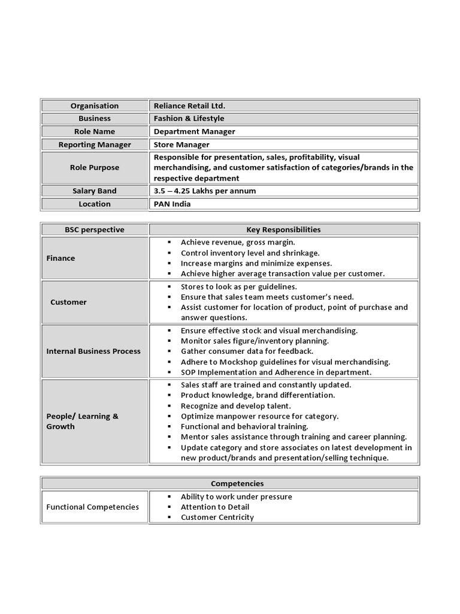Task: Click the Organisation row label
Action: pyautogui.click(x=95, y=106)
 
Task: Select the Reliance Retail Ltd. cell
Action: pyautogui.click(x=189, y=106)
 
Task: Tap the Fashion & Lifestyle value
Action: pyautogui.click(x=189, y=119)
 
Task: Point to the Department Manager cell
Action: pyautogui.click(x=194, y=131)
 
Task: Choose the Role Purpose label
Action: pyautogui.click(x=95, y=168)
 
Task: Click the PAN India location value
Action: pyautogui.click(x=172, y=204)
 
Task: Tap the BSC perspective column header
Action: pyautogui.click(x=95, y=230)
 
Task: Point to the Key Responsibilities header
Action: pyautogui.click(x=283, y=230)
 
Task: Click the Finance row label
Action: pyautogui.click(x=60, y=258)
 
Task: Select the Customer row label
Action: pyautogui.click(x=68, y=302)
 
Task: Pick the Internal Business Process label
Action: pyautogui.click(x=93, y=351)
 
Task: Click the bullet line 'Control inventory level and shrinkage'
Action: pyautogui.click(x=250, y=253)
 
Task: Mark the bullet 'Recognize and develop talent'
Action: pyautogui.click(x=235, y=406)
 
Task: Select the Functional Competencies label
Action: pyautogui.click(x=92, y=507)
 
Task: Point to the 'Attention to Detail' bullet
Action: pyautogui.click(x=215, y=507)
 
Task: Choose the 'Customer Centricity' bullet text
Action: pyautogui.click(x=217, y=517)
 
